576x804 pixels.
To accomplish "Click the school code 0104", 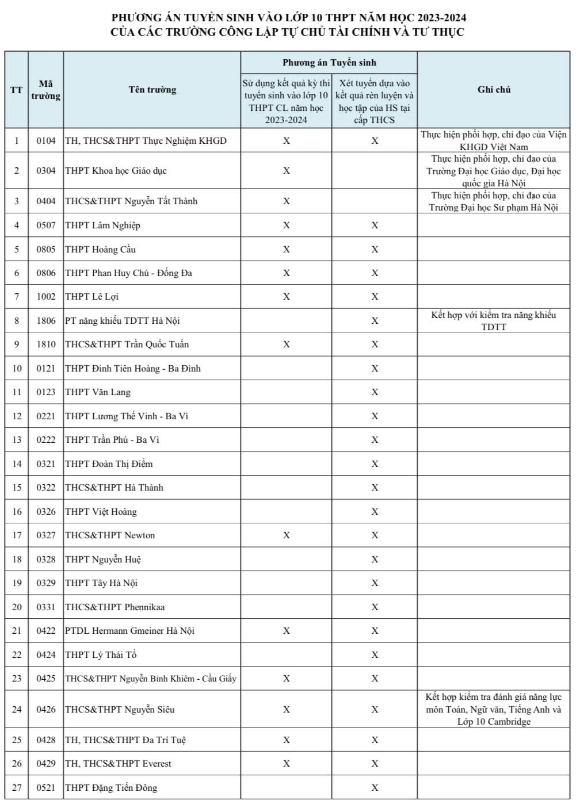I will [x=46, y=140].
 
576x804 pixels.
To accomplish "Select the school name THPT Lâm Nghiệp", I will [x=102, y=225].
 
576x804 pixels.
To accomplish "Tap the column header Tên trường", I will [x=152, y=89].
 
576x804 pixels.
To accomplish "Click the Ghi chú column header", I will [x=494, y=89].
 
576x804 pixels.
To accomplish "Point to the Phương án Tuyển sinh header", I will [x=329, y=62].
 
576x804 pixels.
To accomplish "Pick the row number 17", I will [x=17, y=535].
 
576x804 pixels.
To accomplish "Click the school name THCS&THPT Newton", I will [x=110, y=535].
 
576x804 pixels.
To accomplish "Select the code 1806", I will [x=46, y=320].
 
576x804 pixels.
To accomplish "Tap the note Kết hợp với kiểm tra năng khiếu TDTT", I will [x=493, y=321].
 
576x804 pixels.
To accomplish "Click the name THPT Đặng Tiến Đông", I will [x=111, y=787].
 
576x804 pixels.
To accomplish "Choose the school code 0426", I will [x=46, y=709].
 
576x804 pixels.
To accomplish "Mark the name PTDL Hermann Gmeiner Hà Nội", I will [x=129, y=630].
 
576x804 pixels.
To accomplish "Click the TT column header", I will [x=17, y=90].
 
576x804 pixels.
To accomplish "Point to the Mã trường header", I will [x=46, y=90].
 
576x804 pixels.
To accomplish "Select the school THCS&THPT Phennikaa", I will [x=115, y=607].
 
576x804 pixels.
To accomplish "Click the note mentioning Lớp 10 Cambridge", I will [x=493, y=709].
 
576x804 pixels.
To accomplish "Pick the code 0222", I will [x=46, y=439].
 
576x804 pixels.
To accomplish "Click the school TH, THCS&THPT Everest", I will [x=118, y=763].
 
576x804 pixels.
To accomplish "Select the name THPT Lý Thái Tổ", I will [x=101, y=654].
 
